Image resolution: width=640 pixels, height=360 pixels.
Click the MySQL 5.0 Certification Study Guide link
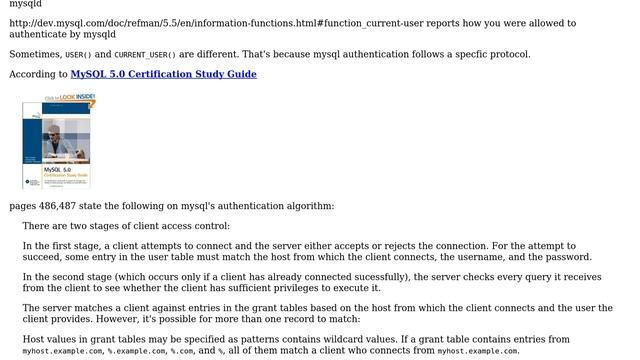pyautogui.click(x=163, y=74)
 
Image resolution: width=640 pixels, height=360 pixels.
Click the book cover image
pyautogui.click(x=58, y=141)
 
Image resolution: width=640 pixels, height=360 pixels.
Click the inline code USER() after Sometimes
pyautogui.click(x=78, y=55)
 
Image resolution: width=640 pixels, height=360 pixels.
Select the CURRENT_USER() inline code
pyautogui.click(x=145, y=55)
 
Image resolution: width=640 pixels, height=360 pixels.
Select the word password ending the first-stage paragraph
pyautogui.click(x=568, y=257)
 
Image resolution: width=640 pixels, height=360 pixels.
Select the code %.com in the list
pyautogui.click(x=181, y=352)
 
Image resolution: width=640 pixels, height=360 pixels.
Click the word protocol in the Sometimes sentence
pyautogui.click(x=507, y=54)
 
